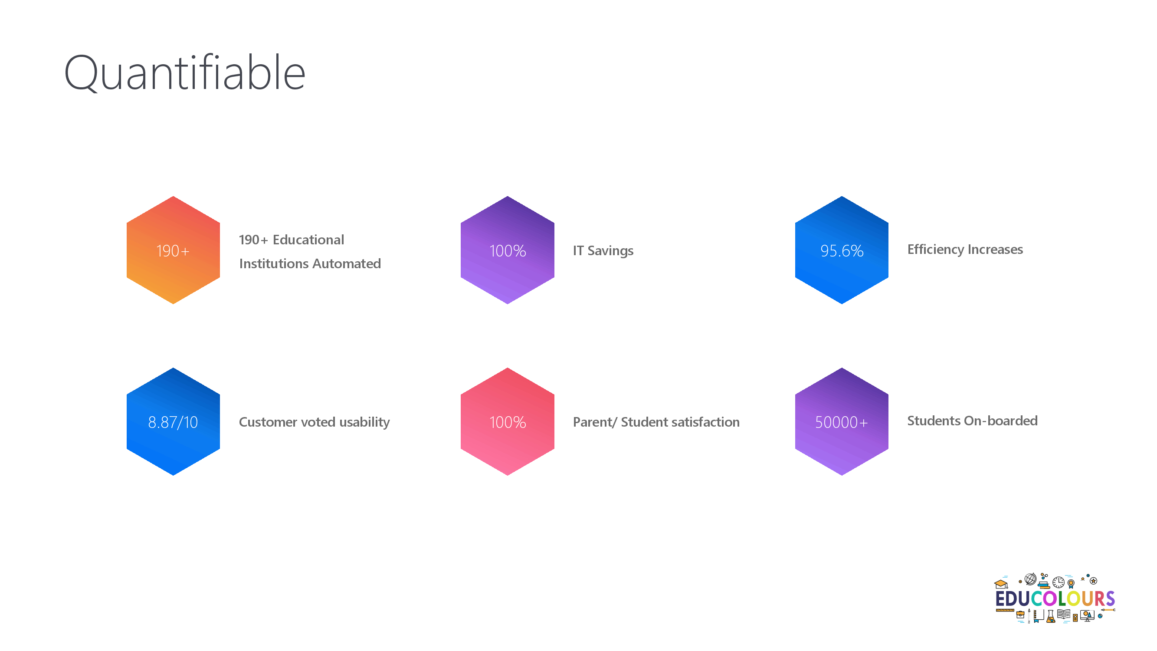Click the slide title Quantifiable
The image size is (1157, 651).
(185, 73)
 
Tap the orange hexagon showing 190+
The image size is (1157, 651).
(174, 250)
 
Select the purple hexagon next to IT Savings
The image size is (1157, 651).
(508, 250)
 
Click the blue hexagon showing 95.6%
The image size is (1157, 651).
(842, 250)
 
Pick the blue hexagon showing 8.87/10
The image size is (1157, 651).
(174, 422)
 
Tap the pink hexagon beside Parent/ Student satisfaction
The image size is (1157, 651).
(508, 422)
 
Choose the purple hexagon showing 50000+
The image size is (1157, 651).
(842, 422)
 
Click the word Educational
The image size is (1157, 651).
(308, 240)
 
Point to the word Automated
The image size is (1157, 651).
(347, 264)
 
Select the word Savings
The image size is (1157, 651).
(610, 251)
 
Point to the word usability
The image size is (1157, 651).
(365, 422)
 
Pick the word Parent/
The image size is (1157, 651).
(595, 422)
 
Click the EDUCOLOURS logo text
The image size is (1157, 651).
(1055, 599)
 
